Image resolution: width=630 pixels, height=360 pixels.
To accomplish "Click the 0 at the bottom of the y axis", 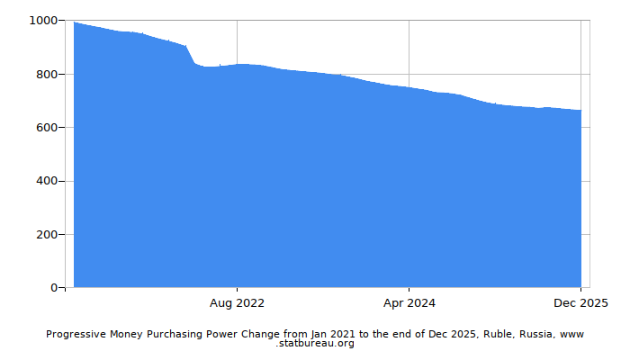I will [x=56, y=288].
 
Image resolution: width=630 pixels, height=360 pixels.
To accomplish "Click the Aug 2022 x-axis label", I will [x=238, y=303].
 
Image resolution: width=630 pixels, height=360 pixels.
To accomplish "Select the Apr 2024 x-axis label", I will [x=409, y=303].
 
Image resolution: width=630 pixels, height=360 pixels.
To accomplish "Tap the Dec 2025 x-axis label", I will [x=580, y=303].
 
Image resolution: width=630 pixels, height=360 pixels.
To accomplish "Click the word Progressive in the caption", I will [x=76, y=334].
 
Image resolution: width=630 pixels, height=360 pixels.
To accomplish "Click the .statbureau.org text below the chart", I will [x=315, y=344].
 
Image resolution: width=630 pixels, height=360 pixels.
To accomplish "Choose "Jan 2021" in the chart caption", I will [x=332, y=334].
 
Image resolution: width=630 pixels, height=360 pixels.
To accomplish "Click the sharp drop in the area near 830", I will [x=191, y=56].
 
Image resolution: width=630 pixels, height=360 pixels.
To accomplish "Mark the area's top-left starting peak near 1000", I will [x=75, y=22].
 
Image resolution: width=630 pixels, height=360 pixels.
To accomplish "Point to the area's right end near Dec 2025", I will [x=580, y=111].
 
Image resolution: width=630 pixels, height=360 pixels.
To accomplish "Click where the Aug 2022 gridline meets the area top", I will [x=238, y=64].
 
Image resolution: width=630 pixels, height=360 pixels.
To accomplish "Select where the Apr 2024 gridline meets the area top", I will [x=409, y=87].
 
